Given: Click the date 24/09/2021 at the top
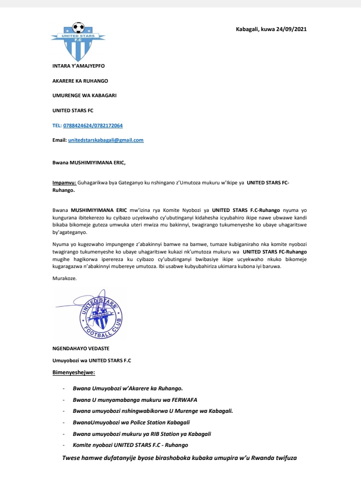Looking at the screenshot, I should [x=289, y=29].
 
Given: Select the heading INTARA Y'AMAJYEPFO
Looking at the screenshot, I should [x=79, y=66].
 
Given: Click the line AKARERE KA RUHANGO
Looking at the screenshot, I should [x=80, y=81].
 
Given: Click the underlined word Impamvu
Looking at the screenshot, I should [x=64, y=184].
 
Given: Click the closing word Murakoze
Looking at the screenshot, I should [x=65, y=279].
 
